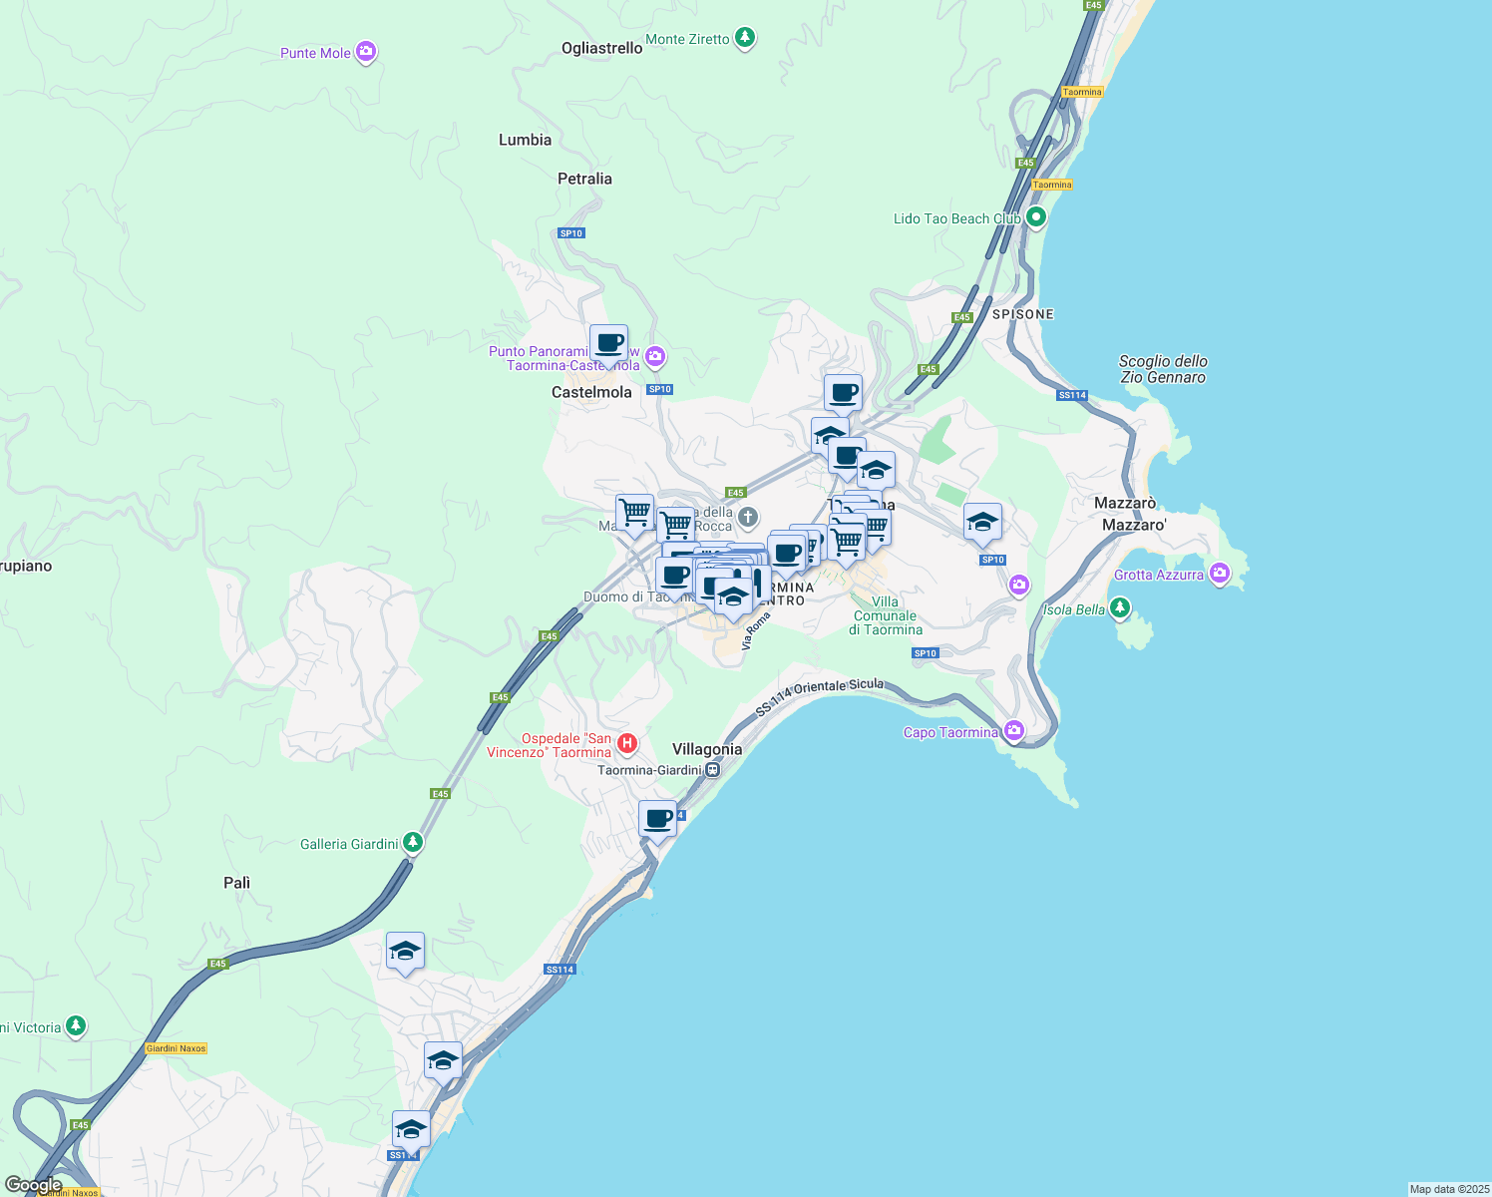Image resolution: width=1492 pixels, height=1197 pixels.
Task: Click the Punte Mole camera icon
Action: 366,52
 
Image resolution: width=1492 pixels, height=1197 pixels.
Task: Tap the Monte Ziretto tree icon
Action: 744,39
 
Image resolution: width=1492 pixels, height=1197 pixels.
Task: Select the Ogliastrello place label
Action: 601,48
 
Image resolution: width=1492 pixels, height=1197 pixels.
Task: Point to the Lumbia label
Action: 525,140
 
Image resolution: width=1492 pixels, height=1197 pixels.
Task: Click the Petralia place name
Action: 584,179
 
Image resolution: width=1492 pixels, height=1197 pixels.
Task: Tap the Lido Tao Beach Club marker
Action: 1036,217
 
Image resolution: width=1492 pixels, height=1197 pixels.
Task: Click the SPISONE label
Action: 1022,314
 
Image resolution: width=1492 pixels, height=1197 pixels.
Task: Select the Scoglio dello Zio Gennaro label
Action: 1162,369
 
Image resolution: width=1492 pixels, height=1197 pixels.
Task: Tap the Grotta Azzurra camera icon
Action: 1219,574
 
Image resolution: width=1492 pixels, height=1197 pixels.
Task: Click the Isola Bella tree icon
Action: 1120,607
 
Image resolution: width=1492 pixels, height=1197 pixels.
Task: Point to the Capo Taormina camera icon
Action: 1014,731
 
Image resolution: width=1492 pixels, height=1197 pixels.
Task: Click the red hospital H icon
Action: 626,743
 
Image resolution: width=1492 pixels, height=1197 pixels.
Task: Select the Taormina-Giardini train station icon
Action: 712,770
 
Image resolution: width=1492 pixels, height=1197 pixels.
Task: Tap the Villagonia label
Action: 707,749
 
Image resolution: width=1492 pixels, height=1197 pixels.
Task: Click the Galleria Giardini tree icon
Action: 412,843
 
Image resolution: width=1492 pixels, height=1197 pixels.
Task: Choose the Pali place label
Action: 236,883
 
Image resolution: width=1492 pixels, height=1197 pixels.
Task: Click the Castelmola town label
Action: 591,392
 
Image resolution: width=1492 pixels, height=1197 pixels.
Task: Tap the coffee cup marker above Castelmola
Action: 608,344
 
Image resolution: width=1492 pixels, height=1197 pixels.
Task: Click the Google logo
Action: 33,1185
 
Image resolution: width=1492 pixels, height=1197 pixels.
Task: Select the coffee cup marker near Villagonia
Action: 657,820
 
